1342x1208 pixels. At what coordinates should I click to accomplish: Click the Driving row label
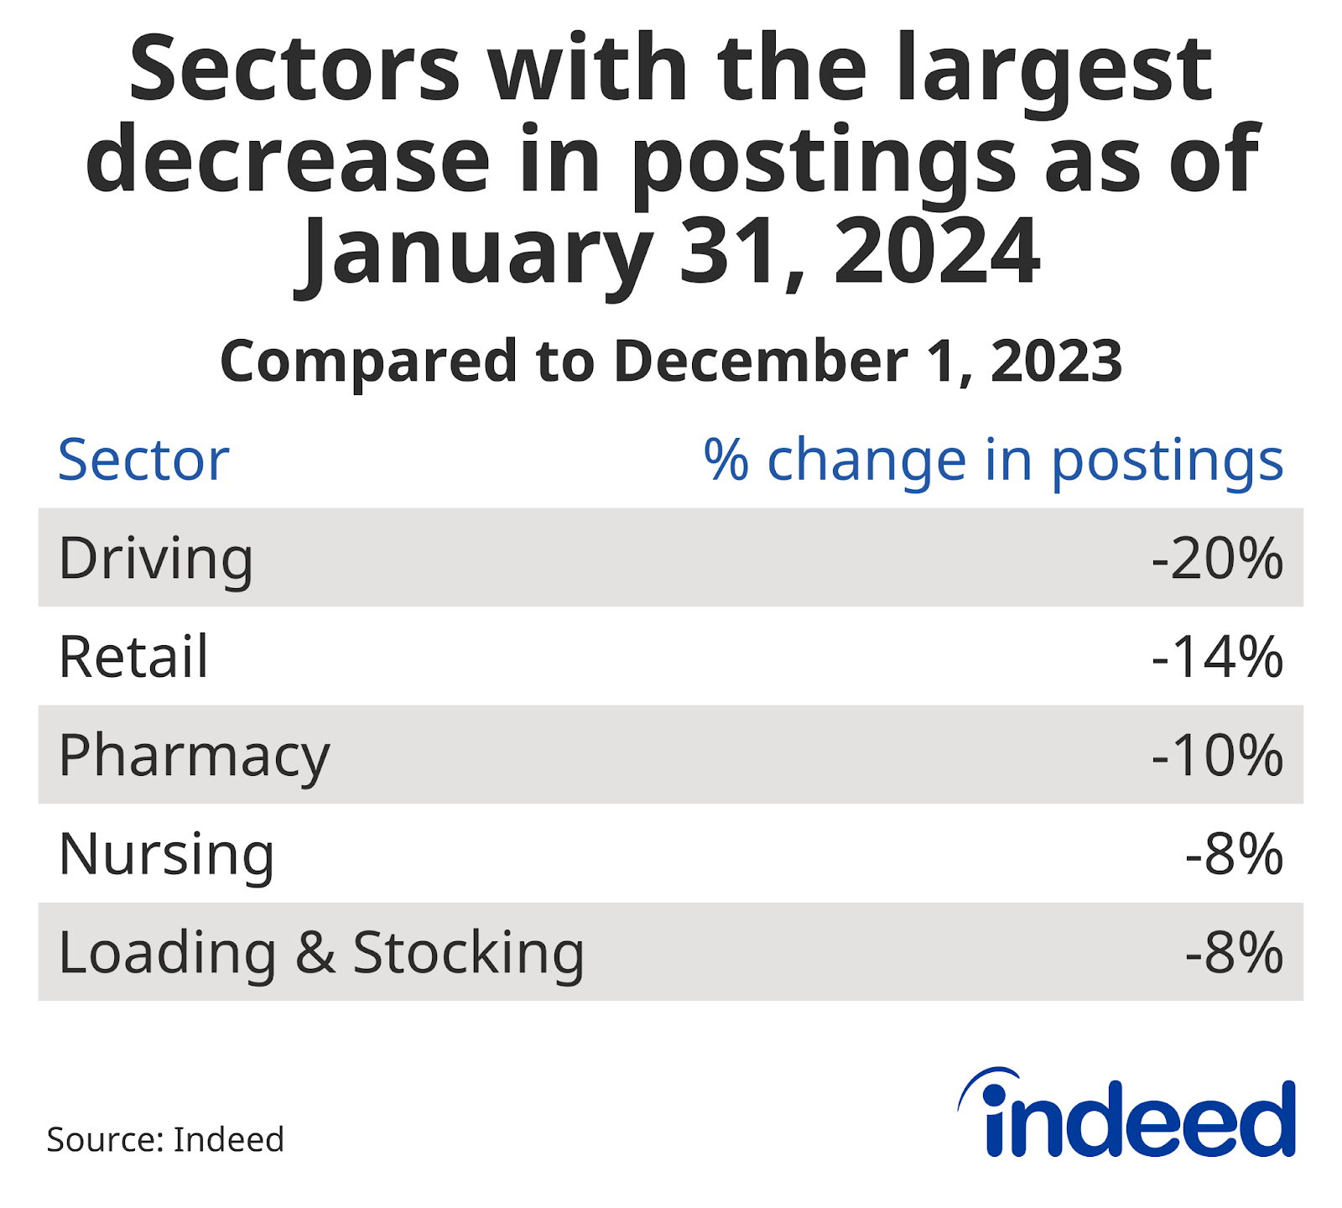coord(155,559)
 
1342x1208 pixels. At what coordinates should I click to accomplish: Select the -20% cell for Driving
coord(1216,559)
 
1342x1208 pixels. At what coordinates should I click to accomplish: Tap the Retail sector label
coord(133,657)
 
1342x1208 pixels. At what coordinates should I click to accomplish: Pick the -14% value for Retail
coord(1216,657)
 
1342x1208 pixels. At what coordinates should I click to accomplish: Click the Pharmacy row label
coord(194,756)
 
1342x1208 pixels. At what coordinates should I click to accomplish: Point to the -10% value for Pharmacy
coord(1216,756)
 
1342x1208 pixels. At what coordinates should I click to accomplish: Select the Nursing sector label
coord(166,854)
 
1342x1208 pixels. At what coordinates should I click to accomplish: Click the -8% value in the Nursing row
coord(1233,854)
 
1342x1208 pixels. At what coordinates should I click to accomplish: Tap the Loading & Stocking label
coord(321,953)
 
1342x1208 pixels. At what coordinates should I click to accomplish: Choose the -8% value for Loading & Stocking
coord(1233,953)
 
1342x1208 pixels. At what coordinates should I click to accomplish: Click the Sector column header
coord(143,460)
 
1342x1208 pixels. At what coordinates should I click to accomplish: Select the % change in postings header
coord(993,460)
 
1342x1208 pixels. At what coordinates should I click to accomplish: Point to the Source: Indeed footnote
coord(165,1140)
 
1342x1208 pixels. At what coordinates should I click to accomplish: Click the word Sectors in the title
coord(294,69)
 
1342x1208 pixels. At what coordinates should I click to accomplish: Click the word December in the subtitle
coord(762,361)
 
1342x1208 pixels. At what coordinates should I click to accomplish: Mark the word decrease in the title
coord(288,159)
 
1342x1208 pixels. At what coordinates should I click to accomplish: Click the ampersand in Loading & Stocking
coord(315,953)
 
